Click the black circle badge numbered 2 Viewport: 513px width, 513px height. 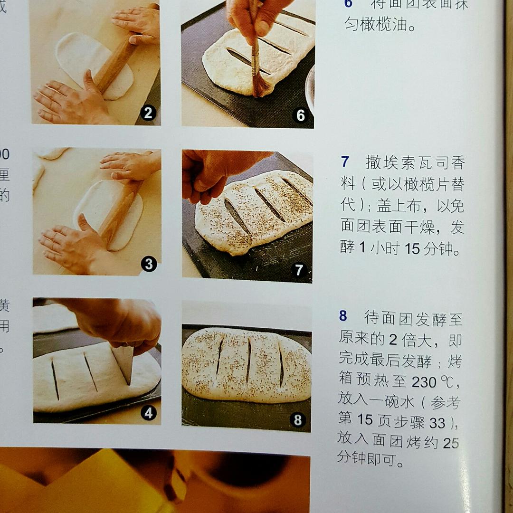[148, 113]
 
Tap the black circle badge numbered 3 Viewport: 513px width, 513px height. [149, 264]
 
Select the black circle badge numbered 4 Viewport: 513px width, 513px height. [149, 413]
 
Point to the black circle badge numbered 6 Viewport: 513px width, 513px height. [300, 115]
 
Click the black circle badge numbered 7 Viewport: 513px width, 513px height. [299, 270]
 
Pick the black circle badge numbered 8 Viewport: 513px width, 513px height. [298, 420]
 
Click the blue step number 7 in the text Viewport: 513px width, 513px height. [345, 162]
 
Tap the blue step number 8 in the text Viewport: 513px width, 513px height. [343, 316]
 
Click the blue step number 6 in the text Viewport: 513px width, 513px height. [348, 5]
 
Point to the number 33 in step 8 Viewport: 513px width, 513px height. [437, 422]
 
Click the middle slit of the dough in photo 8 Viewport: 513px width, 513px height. [248, 361]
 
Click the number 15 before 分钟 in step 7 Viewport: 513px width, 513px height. [412, 248]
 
